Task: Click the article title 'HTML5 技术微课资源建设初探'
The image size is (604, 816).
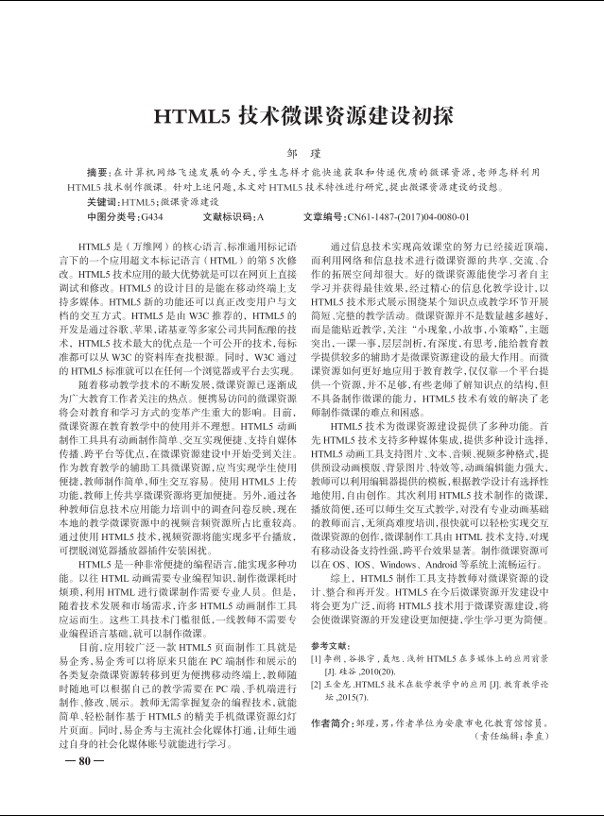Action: [x=303, y=116]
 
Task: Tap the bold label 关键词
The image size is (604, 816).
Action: [x=100, y=202]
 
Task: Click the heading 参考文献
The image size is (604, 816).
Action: [x=330, y=645]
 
